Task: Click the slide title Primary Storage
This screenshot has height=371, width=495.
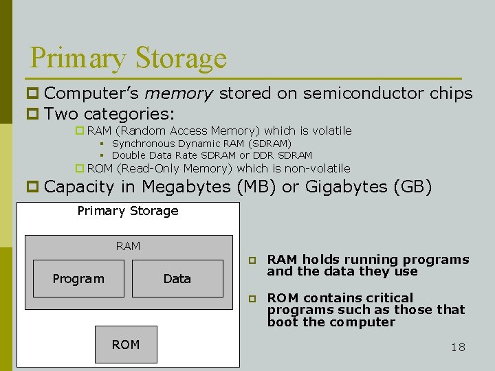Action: pos(128,58)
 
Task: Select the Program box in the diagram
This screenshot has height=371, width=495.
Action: pos(78,278)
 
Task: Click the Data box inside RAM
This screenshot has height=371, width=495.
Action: pos(177,278)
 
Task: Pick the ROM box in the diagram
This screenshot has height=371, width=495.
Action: pos(125,344)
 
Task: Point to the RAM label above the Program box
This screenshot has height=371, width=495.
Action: pos(128,246)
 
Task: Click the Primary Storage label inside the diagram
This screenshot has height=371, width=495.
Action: pos(128,211)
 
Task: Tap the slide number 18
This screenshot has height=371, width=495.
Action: pos(458,347)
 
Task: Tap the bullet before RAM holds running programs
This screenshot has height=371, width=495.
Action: pos(252,260)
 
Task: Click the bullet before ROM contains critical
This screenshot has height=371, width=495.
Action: pos(252,299)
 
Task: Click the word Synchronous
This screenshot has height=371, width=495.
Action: pos(142,144)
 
